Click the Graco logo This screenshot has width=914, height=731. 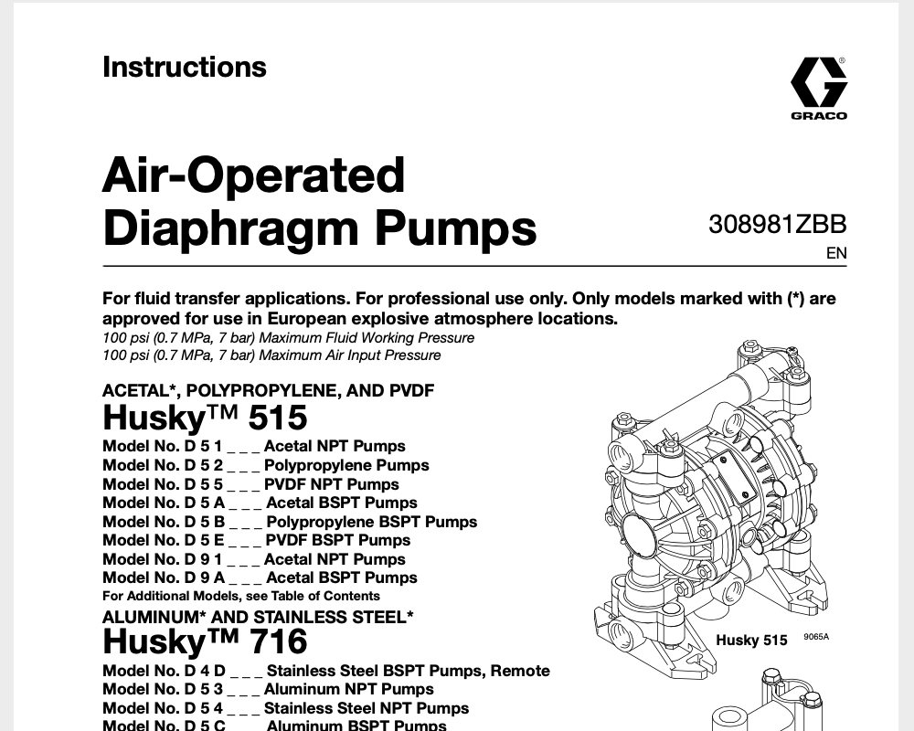coord(818,88)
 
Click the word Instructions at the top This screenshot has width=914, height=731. coord(185,67)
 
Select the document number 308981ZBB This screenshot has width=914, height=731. coord(777,224)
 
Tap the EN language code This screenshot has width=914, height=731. coord(836,254)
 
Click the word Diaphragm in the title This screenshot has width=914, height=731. coord(319,228)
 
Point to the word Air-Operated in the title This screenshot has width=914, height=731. coord(253,174)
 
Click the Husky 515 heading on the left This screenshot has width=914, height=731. coord(205,418)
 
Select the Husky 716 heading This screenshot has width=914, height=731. coord(205,641)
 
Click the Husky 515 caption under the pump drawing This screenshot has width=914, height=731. coord(751,641)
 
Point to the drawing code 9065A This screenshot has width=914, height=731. coord(816,638)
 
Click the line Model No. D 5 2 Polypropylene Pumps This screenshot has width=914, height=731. coord(265,465)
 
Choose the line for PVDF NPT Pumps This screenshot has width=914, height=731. coord(250,484)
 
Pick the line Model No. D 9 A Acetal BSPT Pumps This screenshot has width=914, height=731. coord(260,577)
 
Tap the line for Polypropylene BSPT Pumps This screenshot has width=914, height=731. coord(290,522)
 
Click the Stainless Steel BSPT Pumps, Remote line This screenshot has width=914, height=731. coord(326,671)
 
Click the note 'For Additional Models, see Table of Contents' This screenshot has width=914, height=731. coord(240,597)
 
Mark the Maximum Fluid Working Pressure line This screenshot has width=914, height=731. coord(288,338)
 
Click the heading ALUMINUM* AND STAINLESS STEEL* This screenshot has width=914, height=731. coord(258,617)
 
